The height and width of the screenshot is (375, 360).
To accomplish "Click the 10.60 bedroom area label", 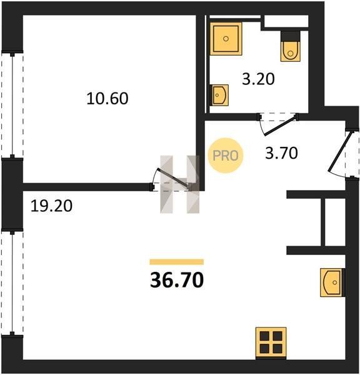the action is coord(107,99).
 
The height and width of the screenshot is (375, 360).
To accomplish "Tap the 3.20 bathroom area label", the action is coord(258,79).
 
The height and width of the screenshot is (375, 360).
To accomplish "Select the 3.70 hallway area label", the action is coord(281,153).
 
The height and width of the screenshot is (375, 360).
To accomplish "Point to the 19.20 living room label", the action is coord(51,206).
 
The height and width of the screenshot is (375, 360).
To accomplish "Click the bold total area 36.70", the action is coord(177,280).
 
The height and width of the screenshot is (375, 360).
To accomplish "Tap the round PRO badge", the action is coord(226,156).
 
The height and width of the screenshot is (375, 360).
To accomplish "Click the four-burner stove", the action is coord(271,342).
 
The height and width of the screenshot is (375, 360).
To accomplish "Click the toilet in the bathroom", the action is coord(290,51).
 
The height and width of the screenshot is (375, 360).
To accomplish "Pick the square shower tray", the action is coord(226,39).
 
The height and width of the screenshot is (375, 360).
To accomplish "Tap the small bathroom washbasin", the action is coord(219,95).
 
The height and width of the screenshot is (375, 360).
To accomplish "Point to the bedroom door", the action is coord(172,177).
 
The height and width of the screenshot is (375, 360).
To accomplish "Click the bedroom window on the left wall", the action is coord(12,105).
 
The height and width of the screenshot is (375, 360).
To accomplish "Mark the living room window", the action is coord(12,283).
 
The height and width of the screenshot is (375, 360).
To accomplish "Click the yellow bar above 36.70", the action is coord(177,262).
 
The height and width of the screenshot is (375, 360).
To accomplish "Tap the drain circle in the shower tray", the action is coord(226,39).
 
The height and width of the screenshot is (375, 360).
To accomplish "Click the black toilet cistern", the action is coord(290,36).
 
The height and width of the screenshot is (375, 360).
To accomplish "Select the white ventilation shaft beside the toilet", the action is coord(286,21).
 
